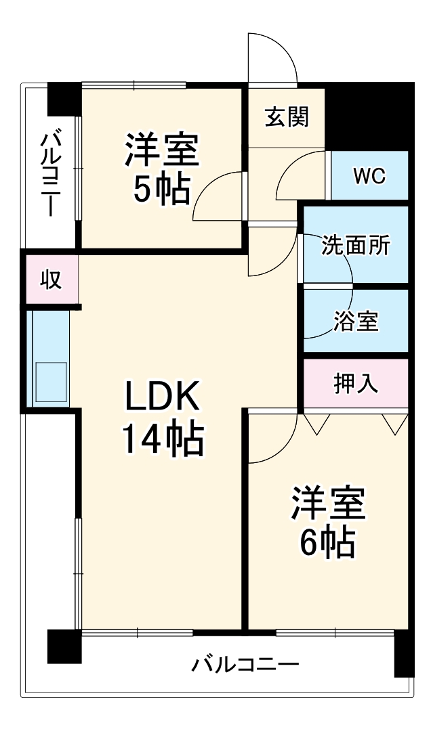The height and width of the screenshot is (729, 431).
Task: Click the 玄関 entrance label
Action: (287, 116)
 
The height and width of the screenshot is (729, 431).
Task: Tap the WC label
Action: (369, 176)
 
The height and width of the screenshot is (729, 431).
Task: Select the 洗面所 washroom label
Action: (356, 244)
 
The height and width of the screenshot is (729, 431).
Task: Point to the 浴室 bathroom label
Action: (356, 322)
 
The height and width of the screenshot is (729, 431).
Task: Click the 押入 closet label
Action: (356, 384)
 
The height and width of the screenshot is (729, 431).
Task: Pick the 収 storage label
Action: (51, 279)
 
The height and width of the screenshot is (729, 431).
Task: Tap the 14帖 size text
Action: (162, 440)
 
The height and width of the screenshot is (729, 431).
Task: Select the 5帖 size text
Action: (161, 191)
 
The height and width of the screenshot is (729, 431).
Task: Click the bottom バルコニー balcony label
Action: (245, 663)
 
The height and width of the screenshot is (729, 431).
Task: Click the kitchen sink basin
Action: (51, 383)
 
